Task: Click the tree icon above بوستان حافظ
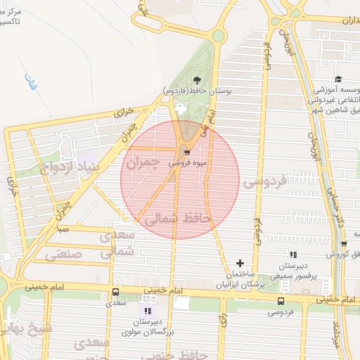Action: (196, 80)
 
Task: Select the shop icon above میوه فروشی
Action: (186, 152)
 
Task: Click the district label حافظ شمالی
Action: (177, 219)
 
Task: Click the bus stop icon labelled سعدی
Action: (115, 292)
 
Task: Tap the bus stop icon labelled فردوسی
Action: (281, 301)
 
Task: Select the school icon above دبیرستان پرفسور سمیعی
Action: (293, 255)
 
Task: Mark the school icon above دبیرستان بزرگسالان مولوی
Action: (148, 310)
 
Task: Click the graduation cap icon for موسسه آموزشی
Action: (338, 79)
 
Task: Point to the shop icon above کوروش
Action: (344, 244)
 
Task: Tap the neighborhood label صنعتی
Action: (68, 255)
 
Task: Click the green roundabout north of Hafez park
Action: (219, 36)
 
